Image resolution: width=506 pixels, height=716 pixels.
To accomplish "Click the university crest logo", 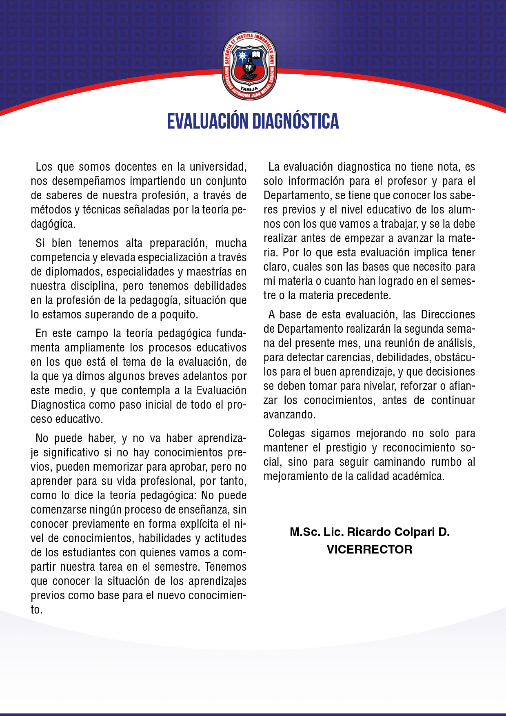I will [249, 65].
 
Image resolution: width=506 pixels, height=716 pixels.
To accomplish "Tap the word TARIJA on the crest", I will [249, 89].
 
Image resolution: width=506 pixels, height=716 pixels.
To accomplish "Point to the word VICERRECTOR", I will [369, 549].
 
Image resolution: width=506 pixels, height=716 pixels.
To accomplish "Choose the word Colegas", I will [286, 434].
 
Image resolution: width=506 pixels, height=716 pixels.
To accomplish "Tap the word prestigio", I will [346, 448].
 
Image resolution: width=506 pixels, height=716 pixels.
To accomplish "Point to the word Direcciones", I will [448, 315].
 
